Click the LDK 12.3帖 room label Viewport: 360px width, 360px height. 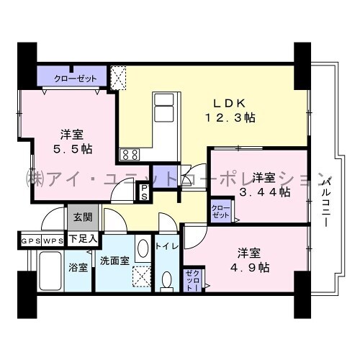point(230,110)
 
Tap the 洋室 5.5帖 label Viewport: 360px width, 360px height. point(72,142)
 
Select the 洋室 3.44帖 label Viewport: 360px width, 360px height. point(265,185)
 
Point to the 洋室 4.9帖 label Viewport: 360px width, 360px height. point(250,260)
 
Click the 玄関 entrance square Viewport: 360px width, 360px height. point(83,217)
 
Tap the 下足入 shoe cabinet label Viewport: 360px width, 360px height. point(83,239)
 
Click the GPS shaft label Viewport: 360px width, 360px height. point(31,241)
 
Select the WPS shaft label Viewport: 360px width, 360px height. point(53,241)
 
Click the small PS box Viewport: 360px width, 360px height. point(144,192)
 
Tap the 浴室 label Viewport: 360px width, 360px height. point(78,268)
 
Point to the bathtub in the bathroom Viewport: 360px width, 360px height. point(50,271)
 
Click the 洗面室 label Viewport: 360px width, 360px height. point(114,261)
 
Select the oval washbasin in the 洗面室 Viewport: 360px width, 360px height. point(143,248)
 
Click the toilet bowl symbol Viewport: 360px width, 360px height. point(166,282)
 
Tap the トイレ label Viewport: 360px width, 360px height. point(167,246)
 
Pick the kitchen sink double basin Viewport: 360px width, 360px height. point(164,107)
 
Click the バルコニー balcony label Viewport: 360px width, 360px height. point(325,201)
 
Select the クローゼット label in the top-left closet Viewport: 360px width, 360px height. point(76,78)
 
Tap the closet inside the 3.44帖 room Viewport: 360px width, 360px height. point(221,211)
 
